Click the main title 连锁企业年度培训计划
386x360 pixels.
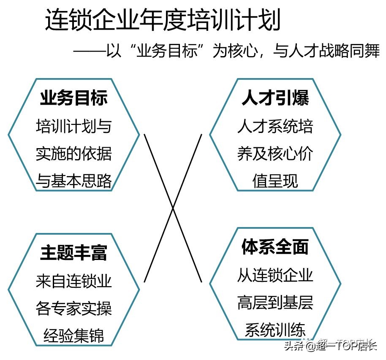163,20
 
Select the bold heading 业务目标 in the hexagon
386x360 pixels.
74,98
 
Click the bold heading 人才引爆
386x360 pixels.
275,98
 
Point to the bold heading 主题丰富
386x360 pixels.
74,252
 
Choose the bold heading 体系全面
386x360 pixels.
275,247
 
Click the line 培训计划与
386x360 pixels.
74,126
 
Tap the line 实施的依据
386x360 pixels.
74,154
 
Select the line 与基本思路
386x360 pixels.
74,181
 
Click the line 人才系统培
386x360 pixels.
275,126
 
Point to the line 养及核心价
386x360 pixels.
275,154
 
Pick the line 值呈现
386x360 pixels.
275,181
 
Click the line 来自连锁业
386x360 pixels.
74,282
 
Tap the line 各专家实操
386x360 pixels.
74,309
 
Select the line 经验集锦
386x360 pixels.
74,336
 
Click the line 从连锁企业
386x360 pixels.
275,275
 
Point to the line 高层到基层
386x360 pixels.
275,303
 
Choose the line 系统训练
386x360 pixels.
275,330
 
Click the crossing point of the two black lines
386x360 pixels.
173,208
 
